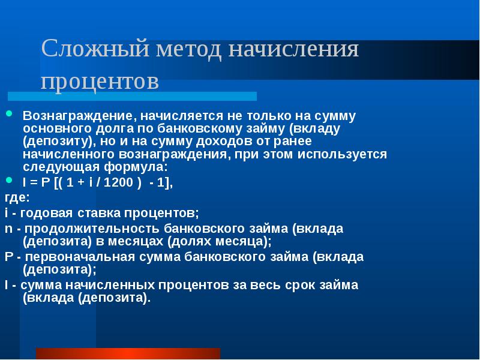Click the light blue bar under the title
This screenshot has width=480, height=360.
coord(132,96)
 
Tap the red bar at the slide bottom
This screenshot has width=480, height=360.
coord(128,353)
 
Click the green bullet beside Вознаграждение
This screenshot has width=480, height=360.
coord(9,114)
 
